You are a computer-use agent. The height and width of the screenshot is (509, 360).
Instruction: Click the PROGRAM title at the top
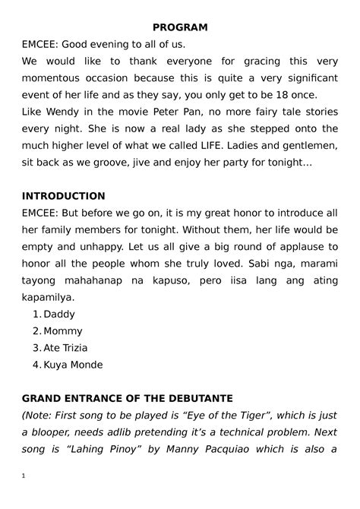click(x=179, y=27)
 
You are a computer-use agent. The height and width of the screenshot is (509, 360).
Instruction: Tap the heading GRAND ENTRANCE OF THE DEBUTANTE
click(x=128, y=398)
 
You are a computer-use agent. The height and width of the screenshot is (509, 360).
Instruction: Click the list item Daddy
click(x=60, y=314)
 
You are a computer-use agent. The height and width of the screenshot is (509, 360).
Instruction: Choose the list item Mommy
click(x=63, y=330)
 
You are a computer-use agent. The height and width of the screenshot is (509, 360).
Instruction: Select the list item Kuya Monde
click(x=73, y=364)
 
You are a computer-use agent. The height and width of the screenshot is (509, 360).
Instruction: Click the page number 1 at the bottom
click(x=24, y=476)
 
